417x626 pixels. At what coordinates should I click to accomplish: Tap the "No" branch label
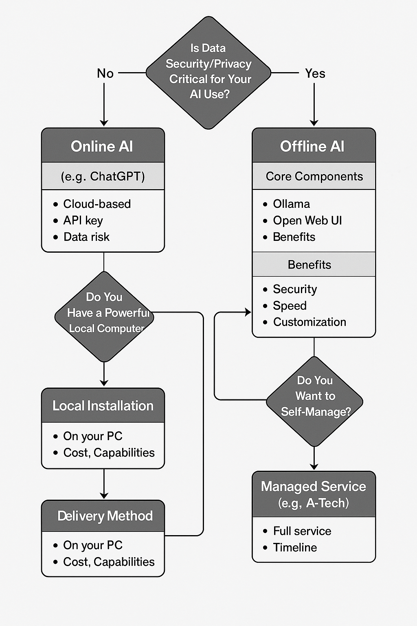[105, 73]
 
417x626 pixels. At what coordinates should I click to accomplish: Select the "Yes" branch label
[315, 73]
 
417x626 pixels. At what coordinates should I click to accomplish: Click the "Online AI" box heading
[103, 146]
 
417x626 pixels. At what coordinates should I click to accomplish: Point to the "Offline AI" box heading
[313, 146]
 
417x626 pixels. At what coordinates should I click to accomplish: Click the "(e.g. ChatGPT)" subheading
[103, 176]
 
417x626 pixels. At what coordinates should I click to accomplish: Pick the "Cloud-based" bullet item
[97, 204]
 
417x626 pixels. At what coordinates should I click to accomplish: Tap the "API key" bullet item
[83, 220]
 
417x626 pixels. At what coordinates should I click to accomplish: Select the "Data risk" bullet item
[86, 237]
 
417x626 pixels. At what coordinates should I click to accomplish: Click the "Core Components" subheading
[314, 176]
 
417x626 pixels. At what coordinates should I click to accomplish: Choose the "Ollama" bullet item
[291, 204]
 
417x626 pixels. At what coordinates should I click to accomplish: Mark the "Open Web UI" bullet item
[307, 220]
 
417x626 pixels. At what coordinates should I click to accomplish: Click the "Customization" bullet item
[309, 322]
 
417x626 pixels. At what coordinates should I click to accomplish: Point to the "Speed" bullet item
[290, 306]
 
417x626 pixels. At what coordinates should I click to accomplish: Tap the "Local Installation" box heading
[103, 406]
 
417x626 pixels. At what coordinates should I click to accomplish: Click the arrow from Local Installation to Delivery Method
[104, 484]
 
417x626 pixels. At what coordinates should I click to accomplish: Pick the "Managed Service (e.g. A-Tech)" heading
[314, 494]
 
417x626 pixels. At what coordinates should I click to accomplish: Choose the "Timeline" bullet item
[295, 547]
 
